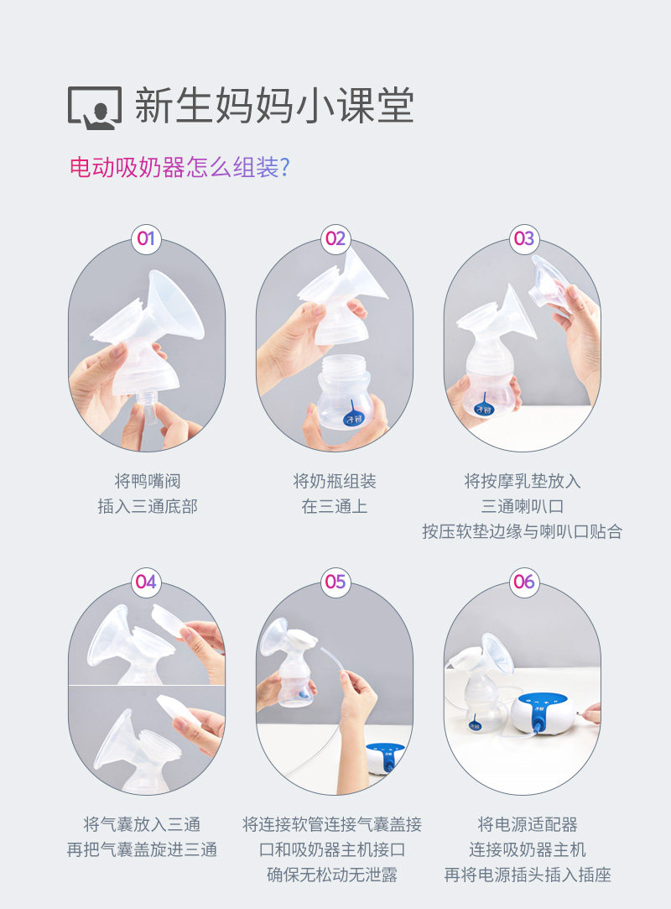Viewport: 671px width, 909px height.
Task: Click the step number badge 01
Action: pos(146,238)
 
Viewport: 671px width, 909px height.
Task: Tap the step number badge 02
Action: pos(335,238)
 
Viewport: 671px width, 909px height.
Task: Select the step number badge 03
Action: pos(523,238)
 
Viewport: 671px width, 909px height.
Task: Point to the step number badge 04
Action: pos(146,582)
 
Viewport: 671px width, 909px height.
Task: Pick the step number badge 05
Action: pos(335,582)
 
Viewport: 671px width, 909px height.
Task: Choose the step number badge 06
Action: pos(523,582)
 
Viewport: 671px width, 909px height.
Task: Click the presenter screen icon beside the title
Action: pos(95,107)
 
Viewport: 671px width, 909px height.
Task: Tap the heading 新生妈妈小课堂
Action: pos(274,106)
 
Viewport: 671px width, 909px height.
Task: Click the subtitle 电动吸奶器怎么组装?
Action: pos(179,168)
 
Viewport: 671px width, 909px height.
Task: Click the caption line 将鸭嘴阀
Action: pos(147,481)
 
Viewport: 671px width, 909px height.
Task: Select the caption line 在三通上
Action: pos(335,506)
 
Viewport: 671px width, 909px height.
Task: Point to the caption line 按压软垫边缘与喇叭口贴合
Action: pos(522,531)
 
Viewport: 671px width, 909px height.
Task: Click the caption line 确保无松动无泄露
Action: pos(332,875)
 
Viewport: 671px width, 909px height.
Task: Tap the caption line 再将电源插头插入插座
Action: pos(528,875)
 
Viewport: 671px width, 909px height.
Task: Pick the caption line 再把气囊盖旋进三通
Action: pos(142,849)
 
